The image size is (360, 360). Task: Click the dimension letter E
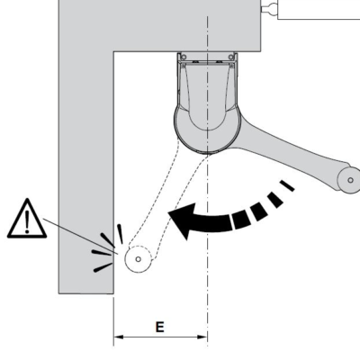160,327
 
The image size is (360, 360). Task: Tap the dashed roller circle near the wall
139,259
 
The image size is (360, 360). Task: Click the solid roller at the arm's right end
350,180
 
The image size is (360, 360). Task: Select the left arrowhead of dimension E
118,337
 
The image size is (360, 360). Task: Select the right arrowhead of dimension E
202,337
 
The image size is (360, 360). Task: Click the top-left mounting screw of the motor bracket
184,57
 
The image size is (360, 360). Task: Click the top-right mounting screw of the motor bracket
231,57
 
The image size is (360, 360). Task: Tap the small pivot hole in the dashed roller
139,259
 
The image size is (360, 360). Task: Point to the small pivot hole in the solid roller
350,180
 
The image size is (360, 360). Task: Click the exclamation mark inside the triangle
27,222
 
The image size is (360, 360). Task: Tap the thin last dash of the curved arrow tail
287,185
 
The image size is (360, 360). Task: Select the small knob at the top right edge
269,7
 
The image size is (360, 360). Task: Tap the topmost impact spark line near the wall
120,234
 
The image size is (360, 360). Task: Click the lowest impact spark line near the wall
103,267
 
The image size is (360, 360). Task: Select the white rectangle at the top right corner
319,10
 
